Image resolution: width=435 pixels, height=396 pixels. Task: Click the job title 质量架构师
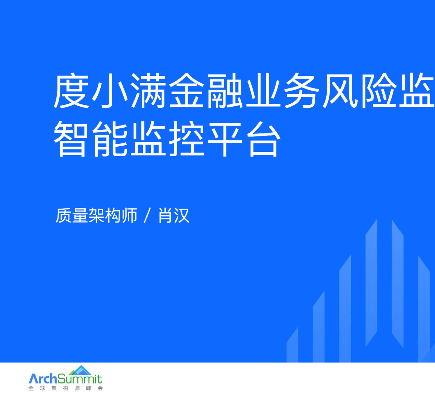(97, 215)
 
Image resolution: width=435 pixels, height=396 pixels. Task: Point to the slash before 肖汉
(148, 215)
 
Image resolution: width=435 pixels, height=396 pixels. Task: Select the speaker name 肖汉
(174, 215)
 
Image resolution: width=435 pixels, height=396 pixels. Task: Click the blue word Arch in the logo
(43, 378)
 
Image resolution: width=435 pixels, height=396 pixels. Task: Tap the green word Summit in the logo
(80, 378)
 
